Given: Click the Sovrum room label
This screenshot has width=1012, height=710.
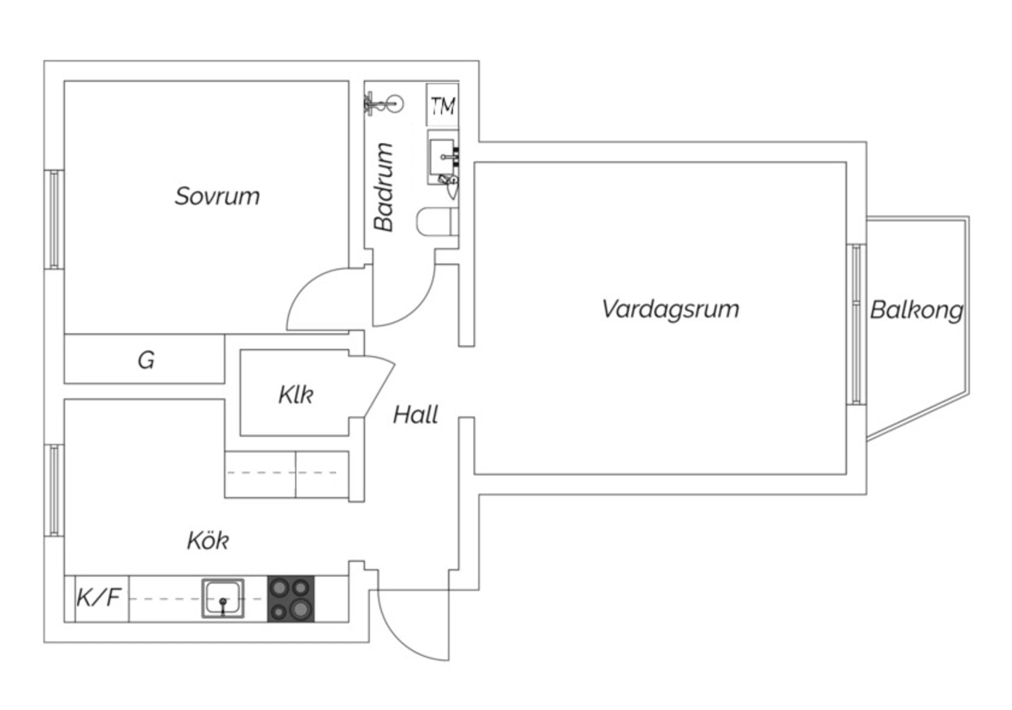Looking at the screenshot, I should (217, 196).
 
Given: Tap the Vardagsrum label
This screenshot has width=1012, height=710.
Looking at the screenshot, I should (670, 309).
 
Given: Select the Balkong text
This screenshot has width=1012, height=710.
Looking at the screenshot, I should (916, 310).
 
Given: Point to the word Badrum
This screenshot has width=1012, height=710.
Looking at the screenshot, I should (384, 188).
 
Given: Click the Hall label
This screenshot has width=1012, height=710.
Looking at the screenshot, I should (415, 415).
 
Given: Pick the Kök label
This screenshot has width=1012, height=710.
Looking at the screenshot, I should (208, 541).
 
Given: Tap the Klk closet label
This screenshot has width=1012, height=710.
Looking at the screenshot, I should (296, 395).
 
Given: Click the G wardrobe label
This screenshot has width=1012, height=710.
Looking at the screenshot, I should (146, 360).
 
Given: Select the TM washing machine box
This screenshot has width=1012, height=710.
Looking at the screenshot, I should (442, 106).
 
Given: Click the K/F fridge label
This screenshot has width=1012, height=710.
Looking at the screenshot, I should (99, 598).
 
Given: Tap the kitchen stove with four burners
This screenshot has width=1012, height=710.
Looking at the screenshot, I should (290, 599).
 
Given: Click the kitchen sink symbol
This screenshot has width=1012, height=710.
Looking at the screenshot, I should (223, 599).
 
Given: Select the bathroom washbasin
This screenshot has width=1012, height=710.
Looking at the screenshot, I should (443, 156).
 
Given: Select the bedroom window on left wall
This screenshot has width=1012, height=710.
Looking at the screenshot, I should (54, 220).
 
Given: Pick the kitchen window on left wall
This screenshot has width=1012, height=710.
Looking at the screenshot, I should (54, 490).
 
